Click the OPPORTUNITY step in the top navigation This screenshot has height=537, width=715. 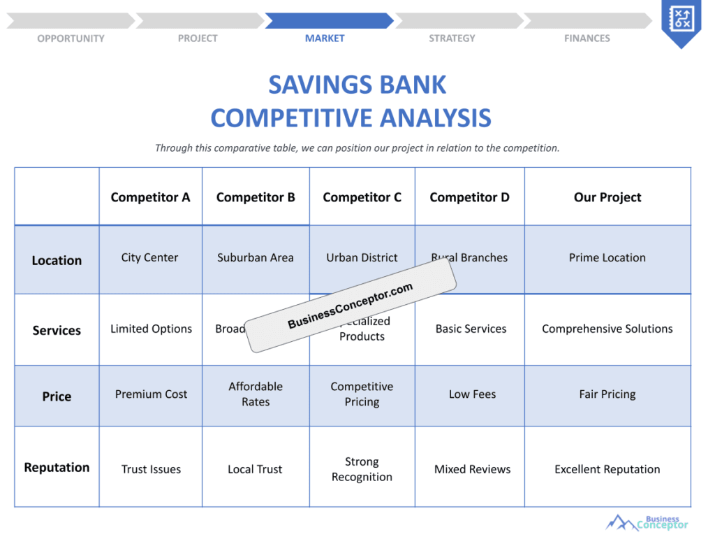pyautogui.click(x=71, y=38)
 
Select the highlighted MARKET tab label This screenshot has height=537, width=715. pyautogui.click(x=325, y=38)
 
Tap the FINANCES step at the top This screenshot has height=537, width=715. pyautogui.click(x=587, y=38)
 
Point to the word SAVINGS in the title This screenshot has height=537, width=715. pyautogui.click(x=315, y=85)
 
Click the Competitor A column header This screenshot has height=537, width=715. pyautogui.click(x=150, y=197)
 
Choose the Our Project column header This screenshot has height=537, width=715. pyautogui.click(x=607, y=197)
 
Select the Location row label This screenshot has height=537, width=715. pyautogui.click(x=57, y=260)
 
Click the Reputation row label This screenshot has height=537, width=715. pyautogui.click(x=57, y=467)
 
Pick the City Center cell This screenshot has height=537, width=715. pyautogui.click(x=149, y=257)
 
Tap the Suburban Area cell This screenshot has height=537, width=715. pyautogui.click(x=256, y=257)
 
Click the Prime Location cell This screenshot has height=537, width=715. pyautogui.click(x=607, y=257)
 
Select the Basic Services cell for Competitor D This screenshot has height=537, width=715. pyautogui.click(x=471, y=329)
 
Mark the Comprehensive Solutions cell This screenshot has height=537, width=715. pyautogui.click(x=607, y=329)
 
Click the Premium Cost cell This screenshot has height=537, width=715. pyautogui.click(x=151, y=394)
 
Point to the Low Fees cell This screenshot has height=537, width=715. pyautogui.click(x=472, y=394)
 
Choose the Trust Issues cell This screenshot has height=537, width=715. pyautogui.click(x=151, y=469)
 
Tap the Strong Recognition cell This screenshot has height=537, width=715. pyautogui.click(x=362, y=469)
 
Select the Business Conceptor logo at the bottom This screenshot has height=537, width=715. pyautogui.click(x=647, y=522)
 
